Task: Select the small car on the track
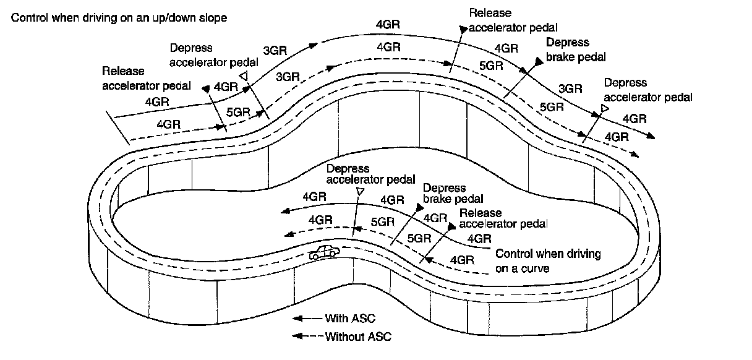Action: [325, 252]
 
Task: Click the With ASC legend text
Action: [350, 319]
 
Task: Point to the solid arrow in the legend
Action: [306, 319]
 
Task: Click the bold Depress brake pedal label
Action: [575, 49]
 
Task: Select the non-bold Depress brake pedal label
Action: [453, 194]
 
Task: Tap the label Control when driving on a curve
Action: [548, 261]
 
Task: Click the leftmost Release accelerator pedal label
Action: [147, 78]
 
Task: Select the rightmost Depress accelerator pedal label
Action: [647, 90]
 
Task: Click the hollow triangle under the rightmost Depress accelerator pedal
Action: [604, 109]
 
